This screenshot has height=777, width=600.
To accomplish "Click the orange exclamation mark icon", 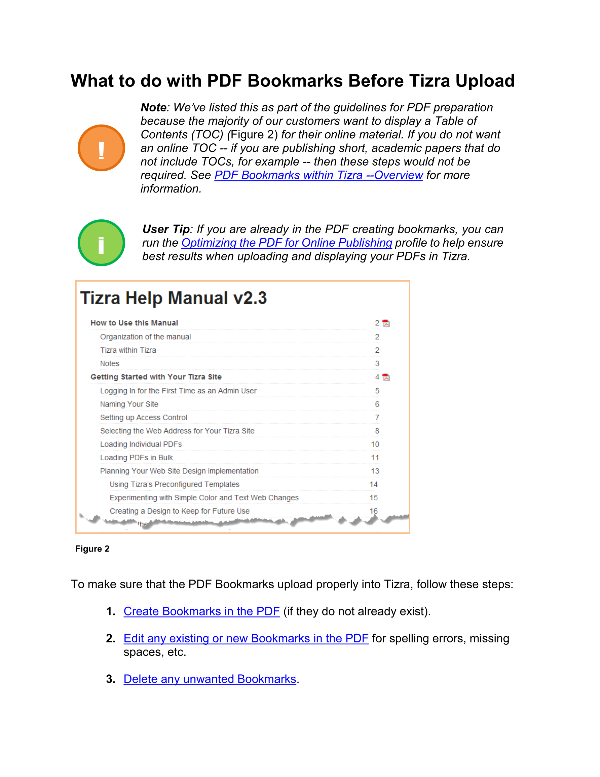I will [101, 148].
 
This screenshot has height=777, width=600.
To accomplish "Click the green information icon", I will [101, 243].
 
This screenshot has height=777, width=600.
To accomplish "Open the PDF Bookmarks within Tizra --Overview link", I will [318, 175].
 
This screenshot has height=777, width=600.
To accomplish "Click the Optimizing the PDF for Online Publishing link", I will [287, 243].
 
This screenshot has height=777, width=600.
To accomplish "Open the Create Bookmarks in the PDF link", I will [201, 611].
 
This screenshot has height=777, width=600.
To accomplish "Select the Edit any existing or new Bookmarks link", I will [246, 639].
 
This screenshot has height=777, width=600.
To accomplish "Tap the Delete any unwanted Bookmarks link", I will [210, 679].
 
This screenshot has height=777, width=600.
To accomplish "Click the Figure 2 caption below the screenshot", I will [92, 549].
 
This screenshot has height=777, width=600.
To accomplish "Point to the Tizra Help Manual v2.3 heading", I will [173, 298].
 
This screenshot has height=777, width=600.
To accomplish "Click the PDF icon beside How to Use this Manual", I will [386, 323].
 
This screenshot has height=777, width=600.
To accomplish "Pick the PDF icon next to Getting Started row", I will [386, 378].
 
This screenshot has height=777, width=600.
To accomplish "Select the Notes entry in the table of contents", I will [110, 363].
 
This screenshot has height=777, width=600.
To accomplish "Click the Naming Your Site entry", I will [129, 404].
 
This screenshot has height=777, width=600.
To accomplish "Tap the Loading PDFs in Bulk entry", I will [136, 458].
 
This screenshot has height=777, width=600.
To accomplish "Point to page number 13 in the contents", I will [375, 471].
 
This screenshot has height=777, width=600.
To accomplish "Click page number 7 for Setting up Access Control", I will [377, 418].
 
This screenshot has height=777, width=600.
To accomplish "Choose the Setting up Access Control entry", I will [143, 418].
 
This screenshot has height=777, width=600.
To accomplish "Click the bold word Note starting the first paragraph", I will [153, 107].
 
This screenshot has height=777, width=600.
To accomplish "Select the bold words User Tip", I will [166, 229].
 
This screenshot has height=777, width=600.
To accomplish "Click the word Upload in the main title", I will [485, 81].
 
